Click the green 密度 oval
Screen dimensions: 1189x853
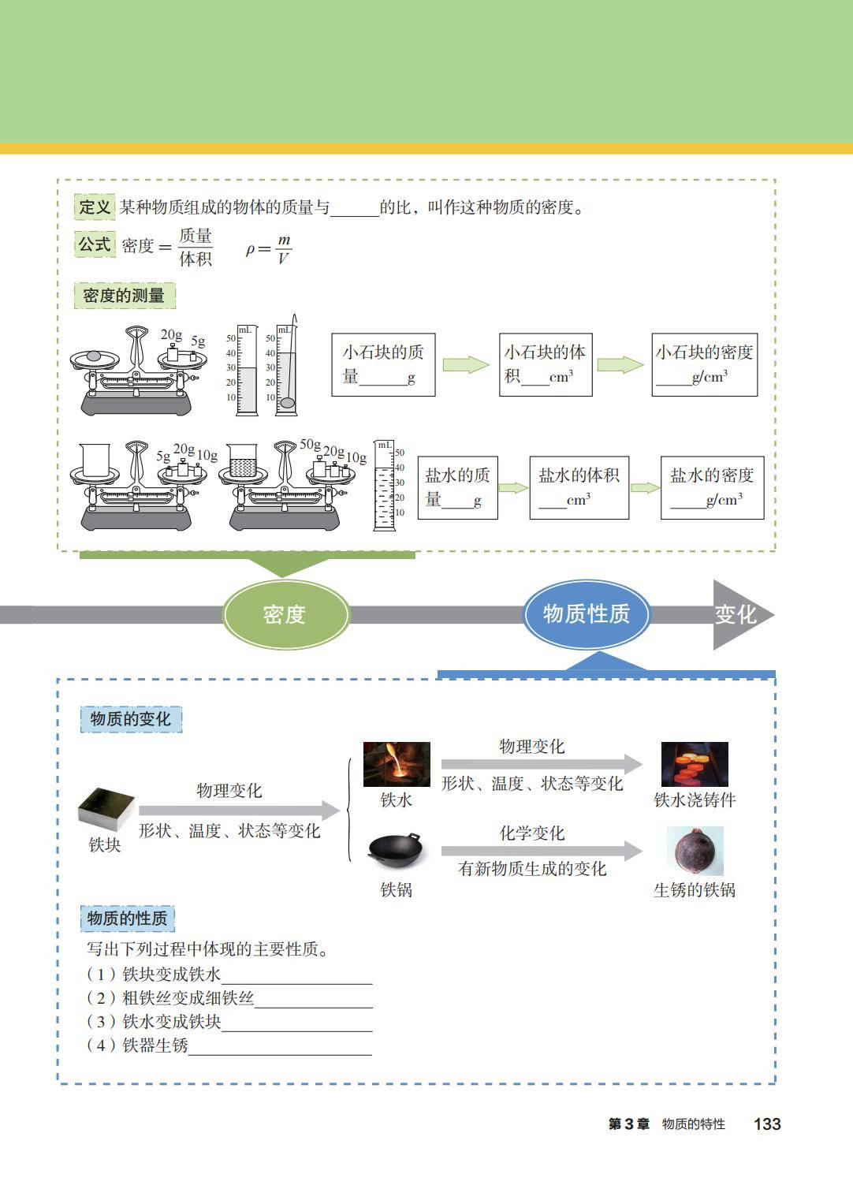click(x=285, y=614)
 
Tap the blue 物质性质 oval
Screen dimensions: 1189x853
click(x=586, y=613)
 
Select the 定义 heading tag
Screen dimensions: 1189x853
click(x=95, y=207)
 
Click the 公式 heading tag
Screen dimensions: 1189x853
click(x=95, y=244)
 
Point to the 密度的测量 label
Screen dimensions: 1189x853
click(x=124, y=296)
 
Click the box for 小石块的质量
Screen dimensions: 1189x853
click(x=383, y=364)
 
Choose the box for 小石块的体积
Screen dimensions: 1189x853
click(x=545, y=364)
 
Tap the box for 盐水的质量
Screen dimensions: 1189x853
click(x=457, y=487)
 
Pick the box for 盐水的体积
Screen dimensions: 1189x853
click(x=579, y=487)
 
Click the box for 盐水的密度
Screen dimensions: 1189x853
click(x=712, y=487)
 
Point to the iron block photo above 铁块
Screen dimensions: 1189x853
click(x=106, y=809)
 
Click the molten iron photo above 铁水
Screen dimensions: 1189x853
click(x=397, y=764)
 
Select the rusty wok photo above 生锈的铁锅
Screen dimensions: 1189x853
click(x=695, y=851)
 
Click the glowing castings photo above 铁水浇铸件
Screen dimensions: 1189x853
click(x=695, y=764)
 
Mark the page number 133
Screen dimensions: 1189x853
click(x=766, y=1124)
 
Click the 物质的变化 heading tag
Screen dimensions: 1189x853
click(x=130, y=719)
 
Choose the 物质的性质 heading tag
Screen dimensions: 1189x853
click(x=127, y=919)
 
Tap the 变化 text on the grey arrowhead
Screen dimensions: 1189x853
click(x=735, y=614)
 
